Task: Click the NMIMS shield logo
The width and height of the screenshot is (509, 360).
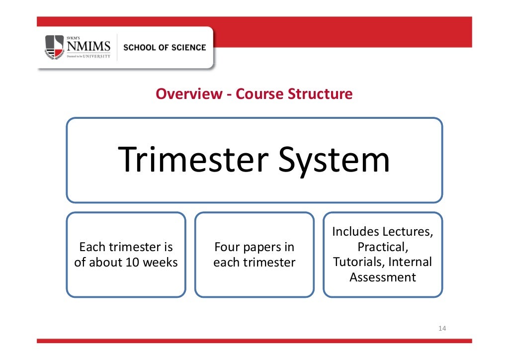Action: [x=55, y=47]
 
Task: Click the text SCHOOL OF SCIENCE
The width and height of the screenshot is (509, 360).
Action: [x=164, y=48]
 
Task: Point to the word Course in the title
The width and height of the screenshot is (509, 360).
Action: [x=260, y=93]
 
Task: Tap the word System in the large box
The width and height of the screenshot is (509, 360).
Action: [x=334, y=160]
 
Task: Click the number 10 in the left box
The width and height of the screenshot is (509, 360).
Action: [x=133, y=263]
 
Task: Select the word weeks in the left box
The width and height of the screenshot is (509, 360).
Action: [x=160, y=263]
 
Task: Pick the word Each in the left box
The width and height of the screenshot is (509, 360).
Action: [x=92, y=247]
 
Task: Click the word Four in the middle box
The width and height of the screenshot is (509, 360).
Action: [x=226, y=247]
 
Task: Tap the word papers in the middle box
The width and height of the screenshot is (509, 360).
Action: [x=268, y=247]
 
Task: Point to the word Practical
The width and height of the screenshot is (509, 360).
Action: [x=383, y=247]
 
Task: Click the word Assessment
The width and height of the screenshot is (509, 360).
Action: [x=383, y=277]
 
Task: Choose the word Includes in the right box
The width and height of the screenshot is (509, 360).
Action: [x=355, y=232]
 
